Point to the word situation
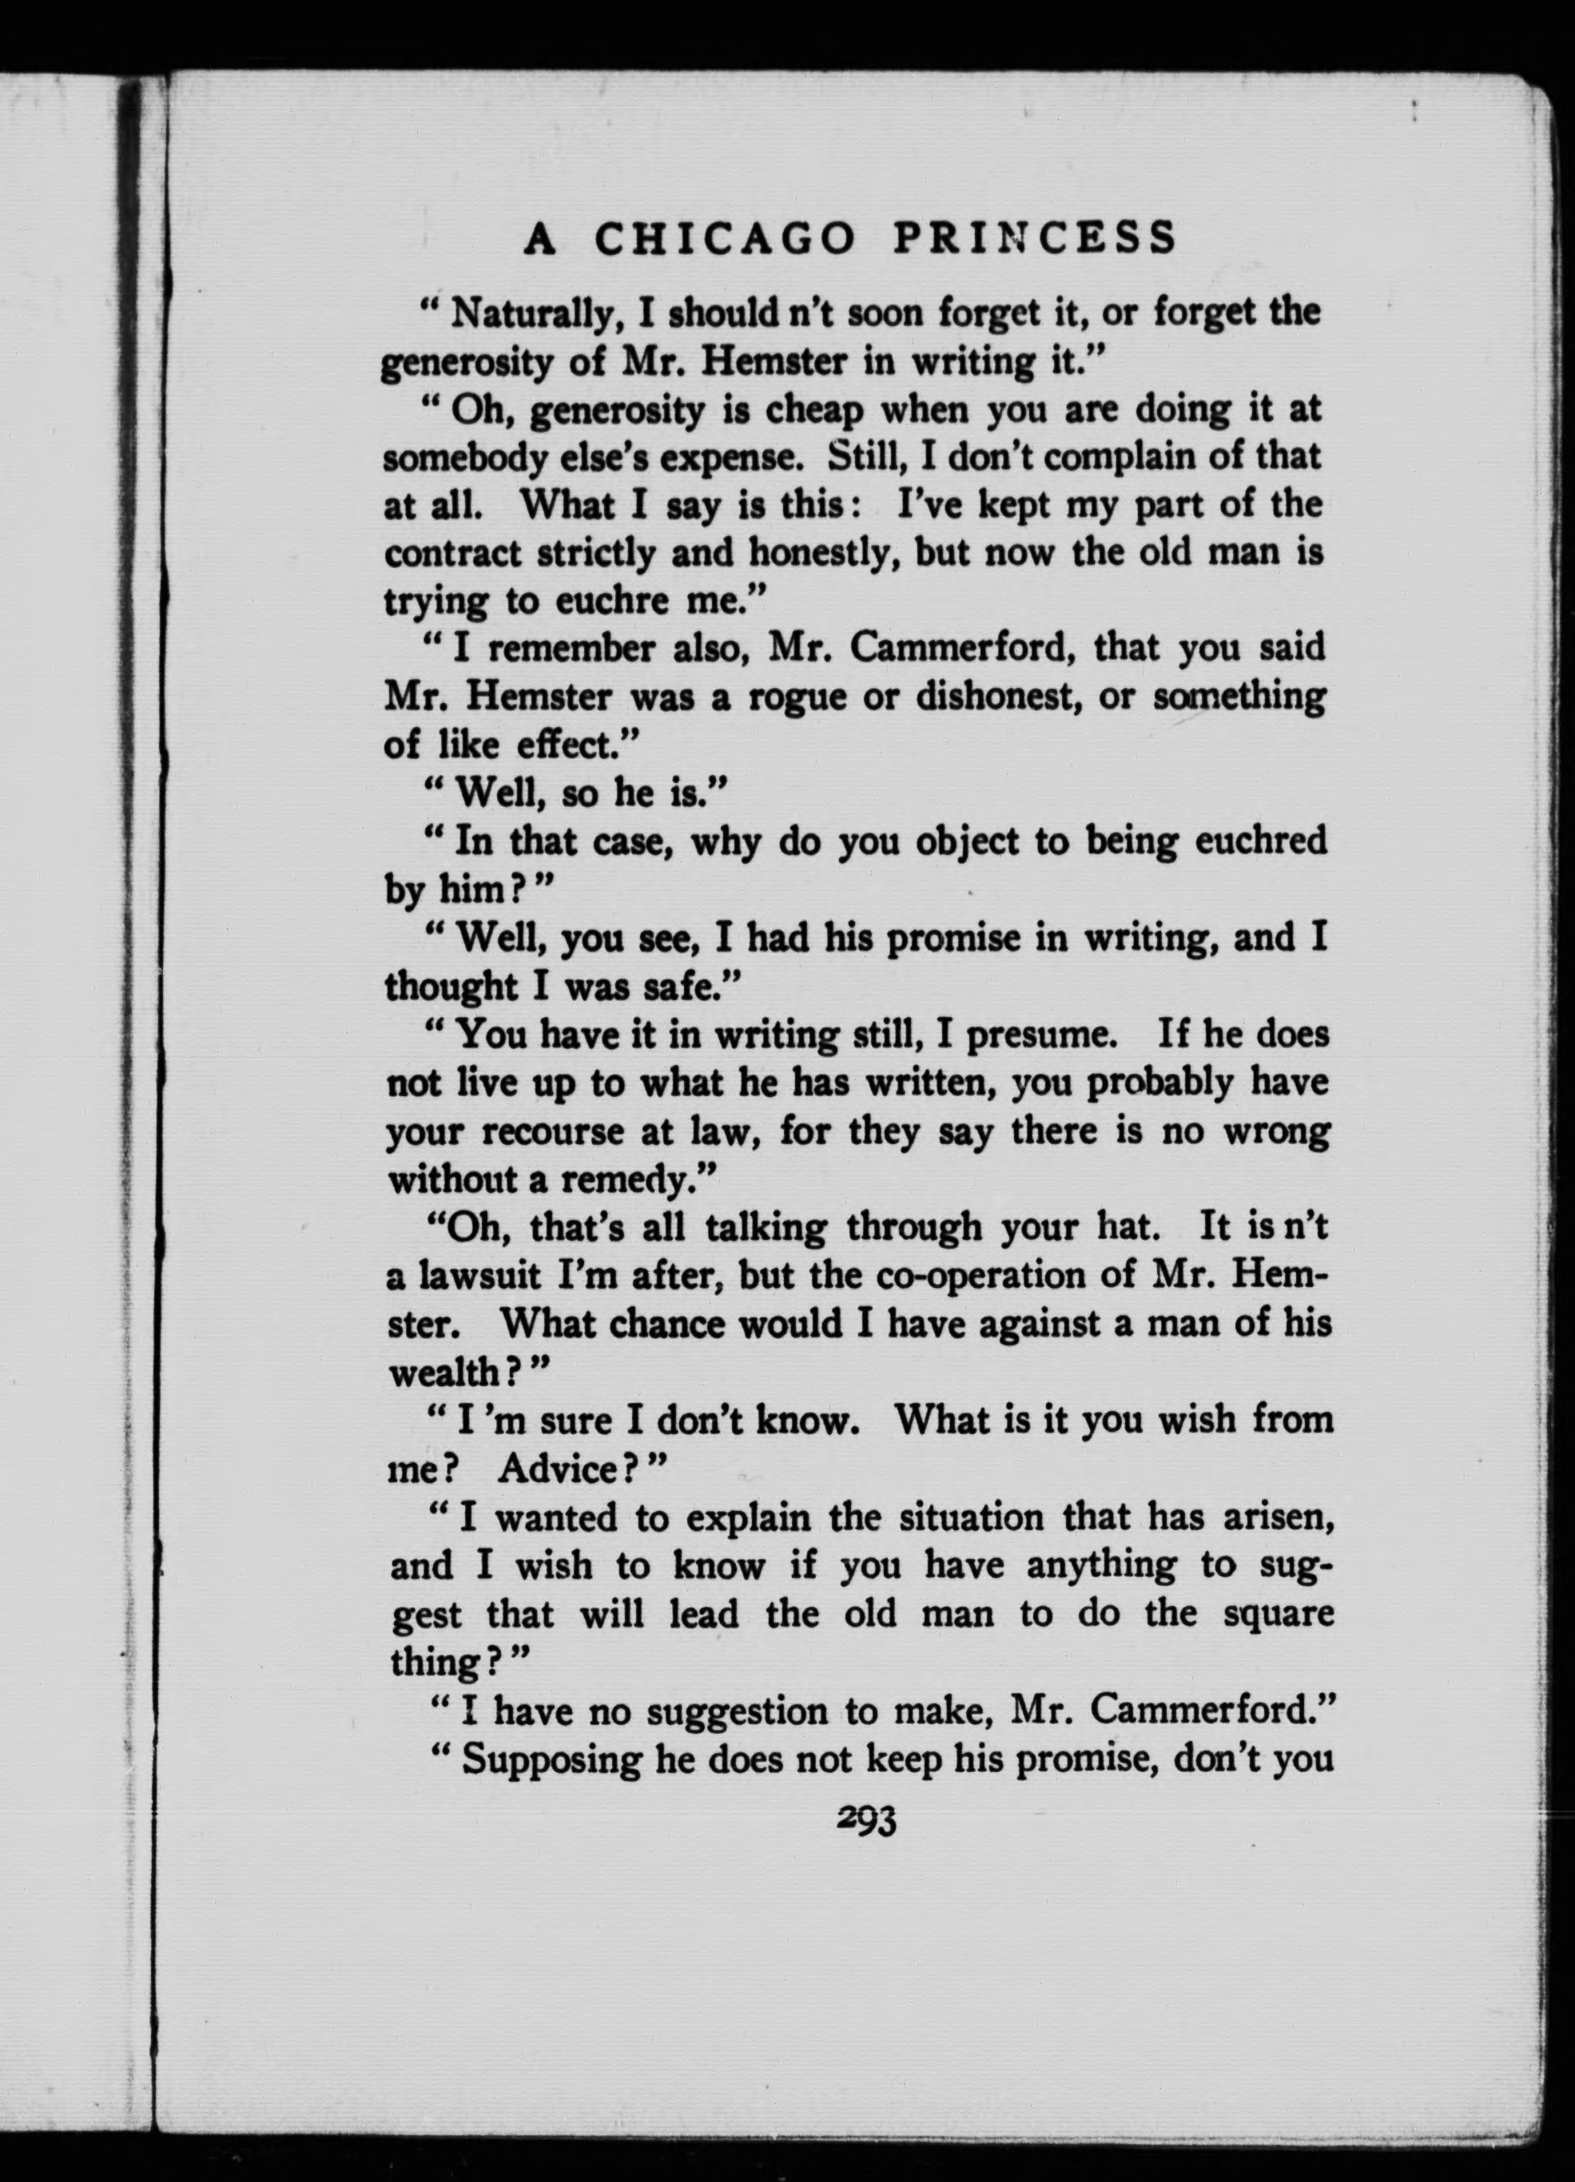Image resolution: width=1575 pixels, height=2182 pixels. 971,1518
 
